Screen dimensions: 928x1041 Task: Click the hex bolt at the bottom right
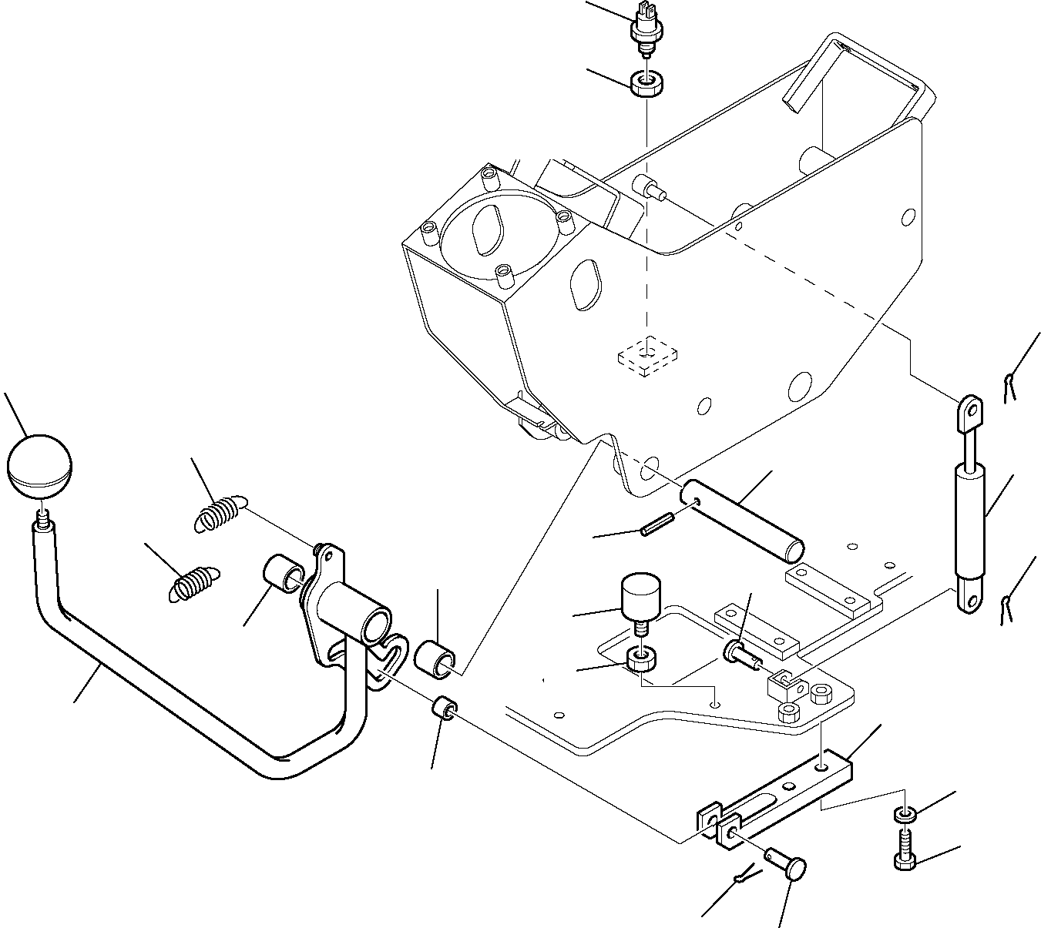point(906,849)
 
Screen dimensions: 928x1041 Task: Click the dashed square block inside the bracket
point(648,356)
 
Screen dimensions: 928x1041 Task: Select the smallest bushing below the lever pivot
point(445,707)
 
